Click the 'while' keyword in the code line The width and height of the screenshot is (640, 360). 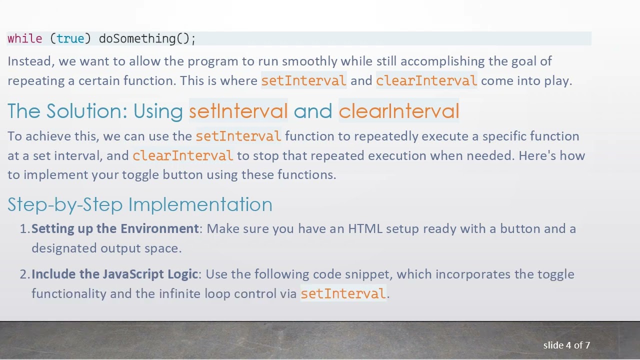24,38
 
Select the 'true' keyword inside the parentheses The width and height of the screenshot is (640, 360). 70,38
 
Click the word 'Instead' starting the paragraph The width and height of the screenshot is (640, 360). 30,61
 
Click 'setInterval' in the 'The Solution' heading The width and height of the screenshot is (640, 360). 238,111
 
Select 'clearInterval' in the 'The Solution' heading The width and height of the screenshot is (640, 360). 398,111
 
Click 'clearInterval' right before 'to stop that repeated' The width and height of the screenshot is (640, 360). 182,155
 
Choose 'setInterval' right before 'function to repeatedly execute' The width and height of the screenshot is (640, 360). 238,136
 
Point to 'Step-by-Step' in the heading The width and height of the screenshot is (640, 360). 65,204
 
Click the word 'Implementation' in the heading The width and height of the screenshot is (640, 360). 200,204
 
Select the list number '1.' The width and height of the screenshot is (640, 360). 25,229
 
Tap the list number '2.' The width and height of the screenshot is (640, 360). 25,274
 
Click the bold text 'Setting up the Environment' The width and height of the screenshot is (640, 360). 115,229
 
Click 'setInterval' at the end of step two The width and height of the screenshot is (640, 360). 343,293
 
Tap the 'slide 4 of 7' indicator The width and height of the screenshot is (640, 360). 566,345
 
